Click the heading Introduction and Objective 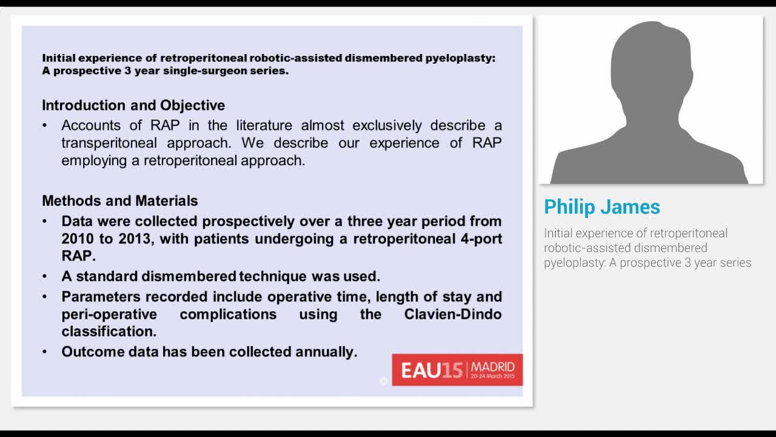click(133, 105)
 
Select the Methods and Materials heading click(120, 201)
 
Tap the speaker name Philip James click(601, 207)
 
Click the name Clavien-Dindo click(452, 314)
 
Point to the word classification click(109, 331)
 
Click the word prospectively click(249, 221)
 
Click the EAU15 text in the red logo click(432, 370)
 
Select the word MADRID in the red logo click(492, 367)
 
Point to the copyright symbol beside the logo click(383, 381)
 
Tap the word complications click(228, 314)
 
